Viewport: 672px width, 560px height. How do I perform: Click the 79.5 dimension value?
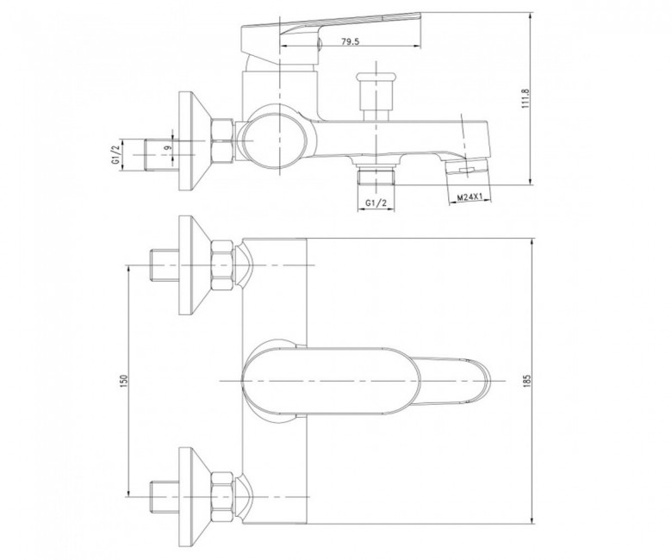[350, 41]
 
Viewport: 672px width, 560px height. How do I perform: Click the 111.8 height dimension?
[526, 98]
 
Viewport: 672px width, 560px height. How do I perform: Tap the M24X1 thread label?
[470, 197]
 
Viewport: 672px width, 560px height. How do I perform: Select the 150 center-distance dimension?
[124, 381]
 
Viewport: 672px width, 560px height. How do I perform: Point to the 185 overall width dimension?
[526, 381]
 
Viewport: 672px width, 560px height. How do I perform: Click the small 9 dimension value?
[168, 147]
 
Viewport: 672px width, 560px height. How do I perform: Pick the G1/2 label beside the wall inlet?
[115, 155]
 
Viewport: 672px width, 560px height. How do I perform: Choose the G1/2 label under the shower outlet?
[376, 202]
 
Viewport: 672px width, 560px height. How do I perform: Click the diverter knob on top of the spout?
[376, 96]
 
